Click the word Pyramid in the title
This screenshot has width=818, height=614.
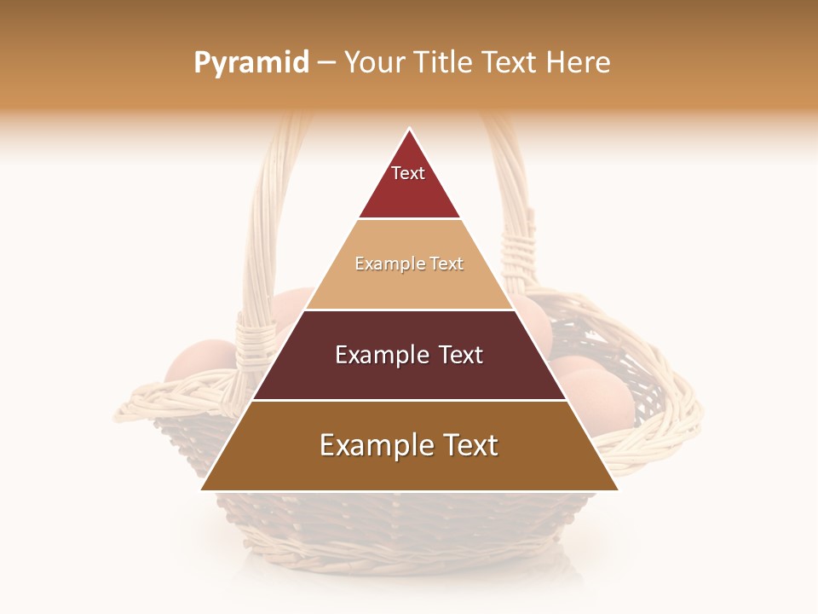coord(251,63)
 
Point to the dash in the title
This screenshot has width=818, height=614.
coord(326,63)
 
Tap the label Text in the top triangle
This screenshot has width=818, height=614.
coord(408,173)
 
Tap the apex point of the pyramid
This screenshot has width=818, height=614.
coord(410,130)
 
